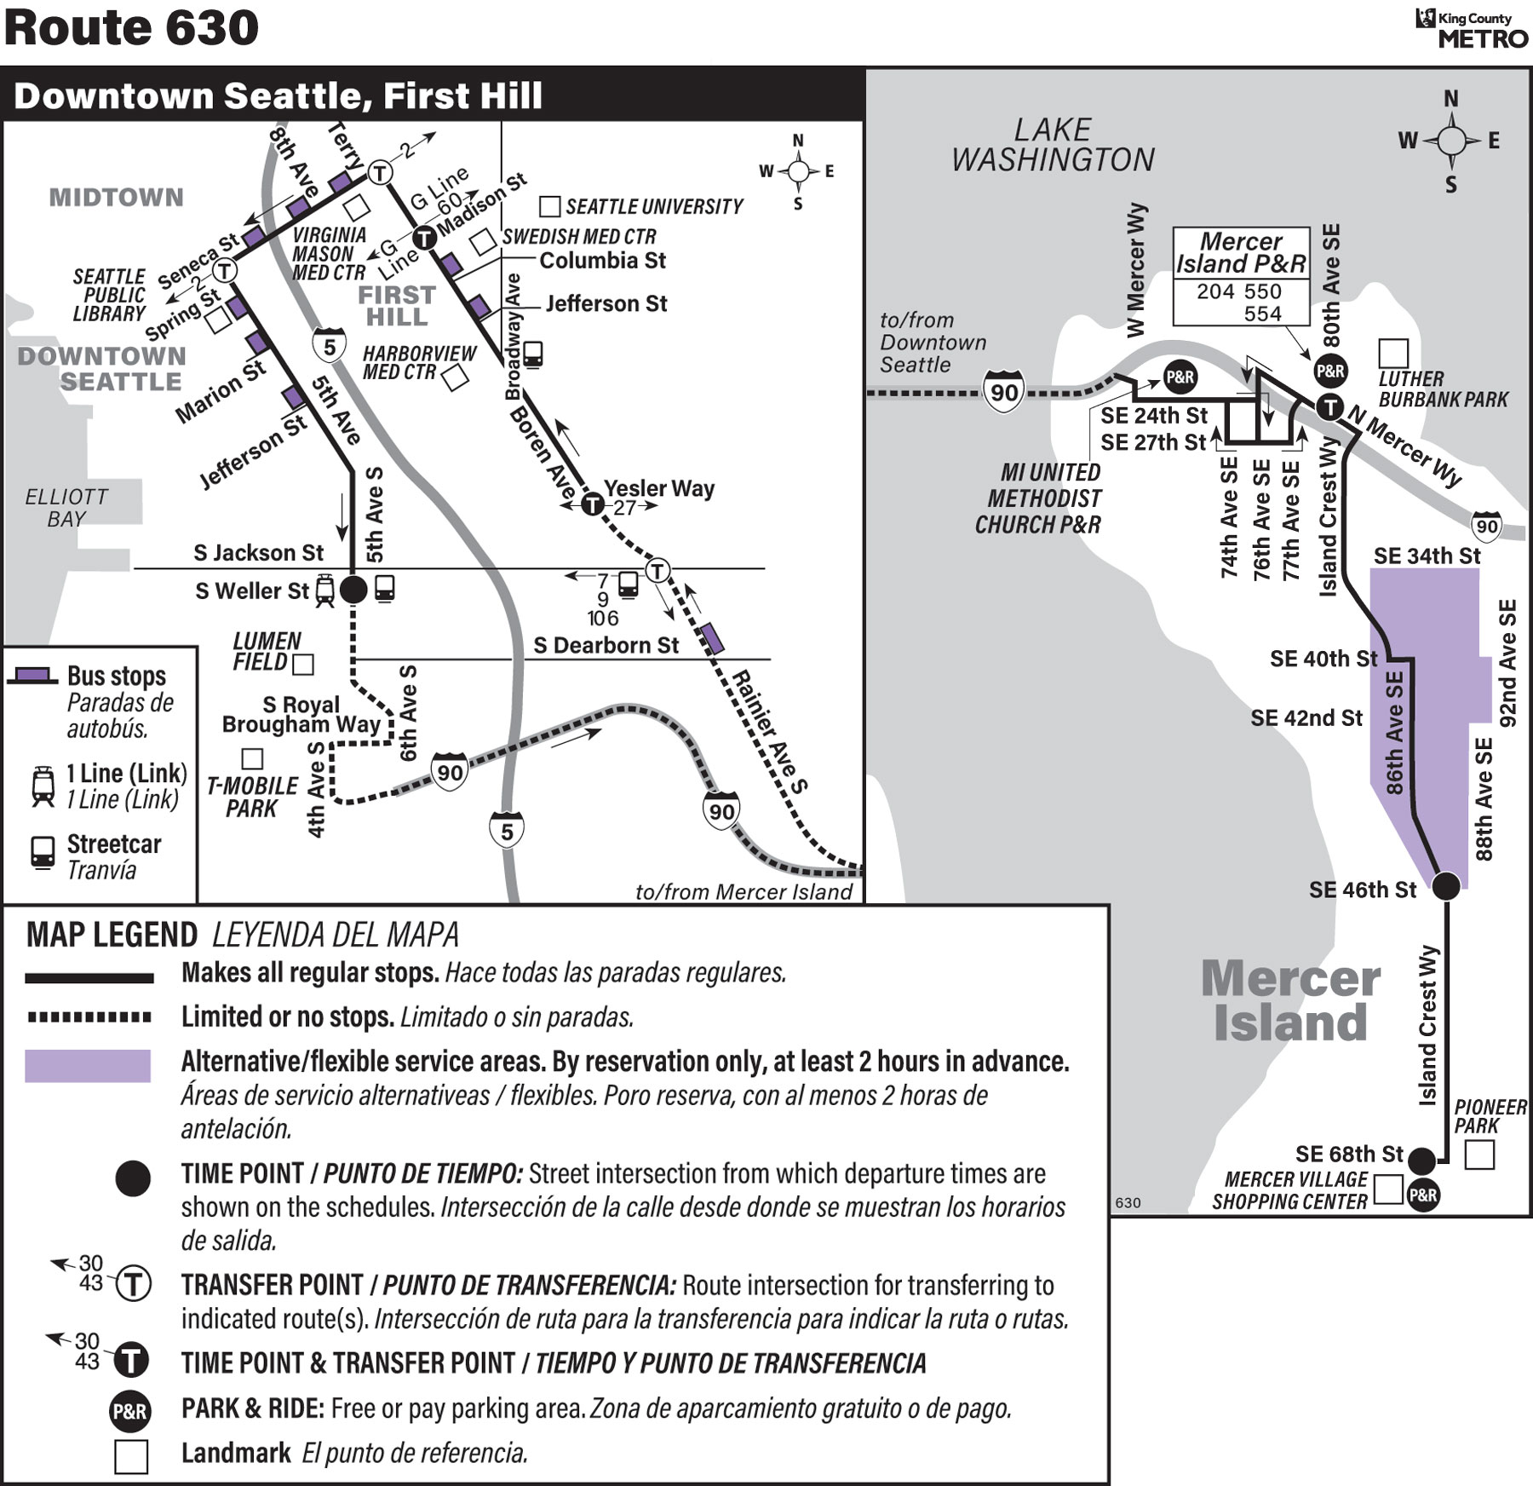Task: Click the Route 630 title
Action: click(x=131, y=27)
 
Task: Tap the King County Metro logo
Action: click(x=1472, y=28)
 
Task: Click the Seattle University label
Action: click(x=654, y=206)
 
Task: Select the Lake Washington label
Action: click(x=1053, y=145)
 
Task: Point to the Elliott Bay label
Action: click(x=66, y=508)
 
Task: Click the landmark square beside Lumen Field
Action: click(x=303, y=664)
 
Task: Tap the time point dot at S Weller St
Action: click(x=353, y=589)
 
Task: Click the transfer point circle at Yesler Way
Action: click(x=592, y=504)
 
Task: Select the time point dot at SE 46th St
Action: click(x=1445, y=885)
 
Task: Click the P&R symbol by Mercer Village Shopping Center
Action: click(x=1423, y=1195)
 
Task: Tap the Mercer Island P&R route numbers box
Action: click(x=1241, y=302)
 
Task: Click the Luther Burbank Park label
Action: click(x=1443, y=389)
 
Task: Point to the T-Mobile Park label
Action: click(x=252, y=797)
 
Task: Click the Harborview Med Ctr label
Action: click(x=419, y=362)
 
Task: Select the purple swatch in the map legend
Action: click(x=88, y=1065)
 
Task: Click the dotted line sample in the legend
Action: click(x=89, y=1017)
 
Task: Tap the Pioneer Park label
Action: click(x=1490, y=1116)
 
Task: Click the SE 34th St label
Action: click(x=1427, y=556)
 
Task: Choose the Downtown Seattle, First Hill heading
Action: click(x=278, y=95)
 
